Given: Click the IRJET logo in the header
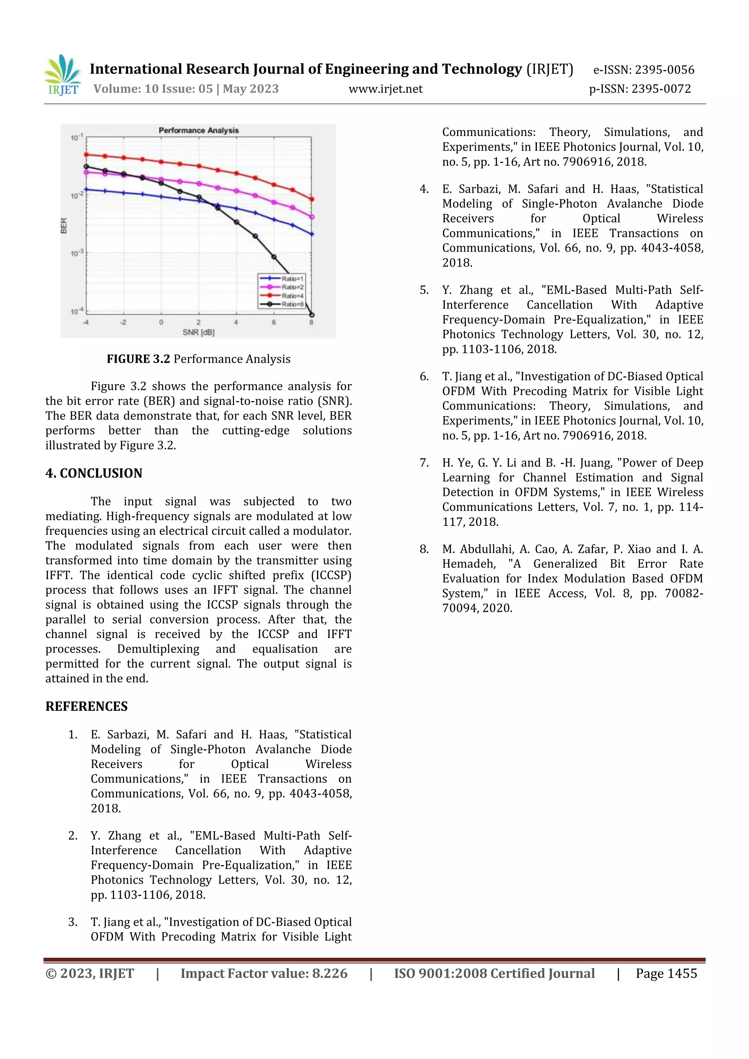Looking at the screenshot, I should coord(63,75).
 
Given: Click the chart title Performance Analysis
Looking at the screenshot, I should coord(199,131).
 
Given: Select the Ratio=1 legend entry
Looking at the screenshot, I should coord(292,279).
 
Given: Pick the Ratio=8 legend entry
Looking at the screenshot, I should coord(292,304).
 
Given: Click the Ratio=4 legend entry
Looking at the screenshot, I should coord(292,296).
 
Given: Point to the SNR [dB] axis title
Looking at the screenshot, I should coord(198,332).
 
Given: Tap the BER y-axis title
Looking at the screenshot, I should coord(64,226).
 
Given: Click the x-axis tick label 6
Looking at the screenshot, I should coord(274,323).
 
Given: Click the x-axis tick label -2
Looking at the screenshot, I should coord(123,323).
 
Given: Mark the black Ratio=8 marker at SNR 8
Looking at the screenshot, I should coord(312,315).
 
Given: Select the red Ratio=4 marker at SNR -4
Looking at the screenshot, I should coord(86,155).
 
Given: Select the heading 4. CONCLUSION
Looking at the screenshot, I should coord(94,473).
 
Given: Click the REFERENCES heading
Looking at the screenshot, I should coord(86,706).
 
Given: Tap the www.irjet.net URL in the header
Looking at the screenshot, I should coord(385,89).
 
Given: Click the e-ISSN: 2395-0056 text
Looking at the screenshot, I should coord(643,70).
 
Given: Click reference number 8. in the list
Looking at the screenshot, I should coord(424,549).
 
